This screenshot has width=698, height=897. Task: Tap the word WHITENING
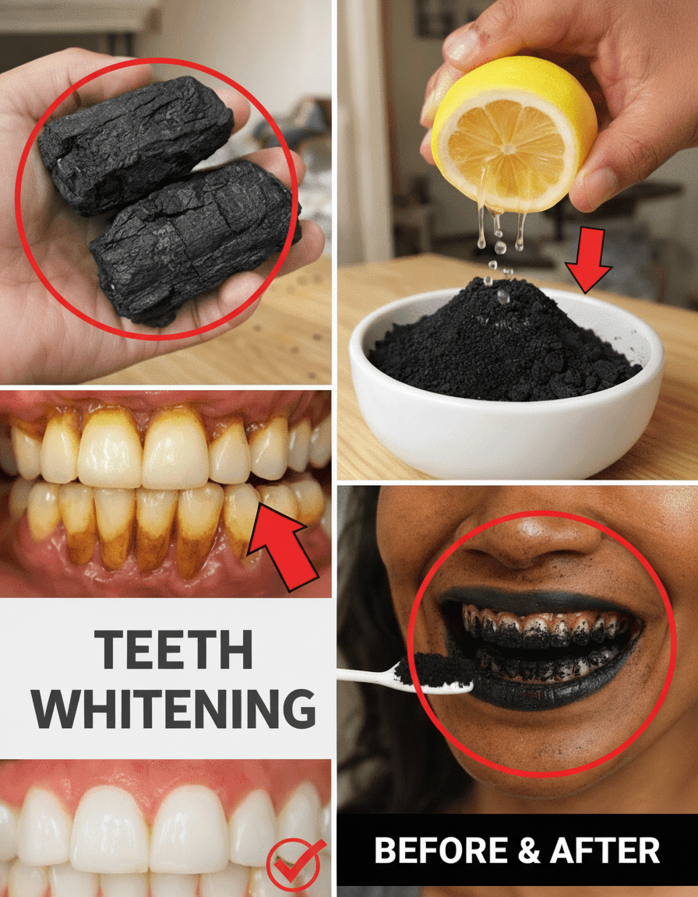174,708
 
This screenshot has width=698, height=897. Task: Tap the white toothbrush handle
366,676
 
